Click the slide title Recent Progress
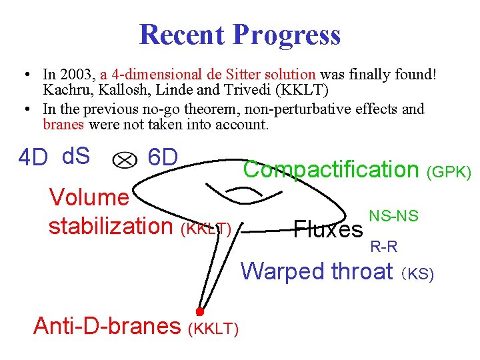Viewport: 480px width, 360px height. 239,35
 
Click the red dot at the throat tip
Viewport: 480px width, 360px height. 199,311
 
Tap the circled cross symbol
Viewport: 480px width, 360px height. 123,159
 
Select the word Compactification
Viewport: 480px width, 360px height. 331,169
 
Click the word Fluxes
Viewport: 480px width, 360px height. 328,230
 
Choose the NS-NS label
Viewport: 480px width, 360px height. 393,215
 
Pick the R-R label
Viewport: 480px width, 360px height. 384,247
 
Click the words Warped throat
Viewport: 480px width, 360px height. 317,271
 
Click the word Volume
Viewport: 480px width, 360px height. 89,197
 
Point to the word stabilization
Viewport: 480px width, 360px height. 111,226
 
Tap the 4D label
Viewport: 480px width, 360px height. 33,159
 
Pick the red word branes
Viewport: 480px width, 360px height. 63,124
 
